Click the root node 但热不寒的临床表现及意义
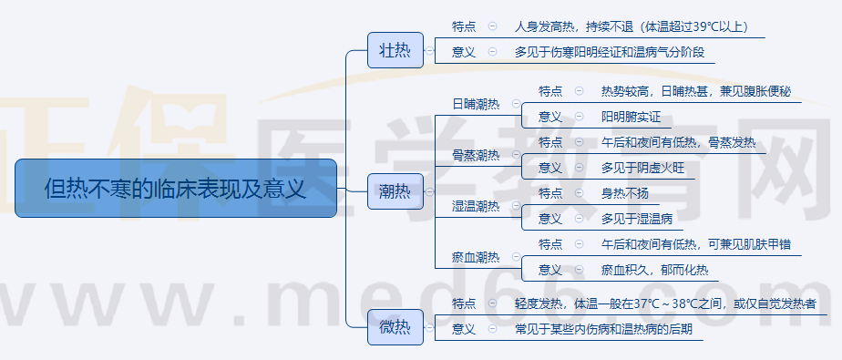pyautogui.click(x=176, y=189)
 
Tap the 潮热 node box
pyautogui.click(x=395, y=191)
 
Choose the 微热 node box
pyautogui.click(x=395, y=328)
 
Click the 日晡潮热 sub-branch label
pyautogui.click(x=476, y=104)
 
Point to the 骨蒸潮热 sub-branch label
pyautogui.click(x=476, y=155)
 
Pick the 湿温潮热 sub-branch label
pyautogui.click(x=476, y=206)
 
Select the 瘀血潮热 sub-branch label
pyautogui.click(x=476, y=257)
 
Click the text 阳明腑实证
pyautogui.click(x=631, y=117)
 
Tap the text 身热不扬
pyautogui.click(x=624, y=193)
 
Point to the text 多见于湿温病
pyautogui.click(x=636, y=219)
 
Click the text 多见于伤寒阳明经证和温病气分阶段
pyautogui.click(x=609, y=52)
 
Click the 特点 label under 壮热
pyautogui.click(x=464, y=27)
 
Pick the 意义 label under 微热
pyautogui.click(x=464, y=329)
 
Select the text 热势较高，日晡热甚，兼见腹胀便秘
pyautogui.click(x=696, y=91)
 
